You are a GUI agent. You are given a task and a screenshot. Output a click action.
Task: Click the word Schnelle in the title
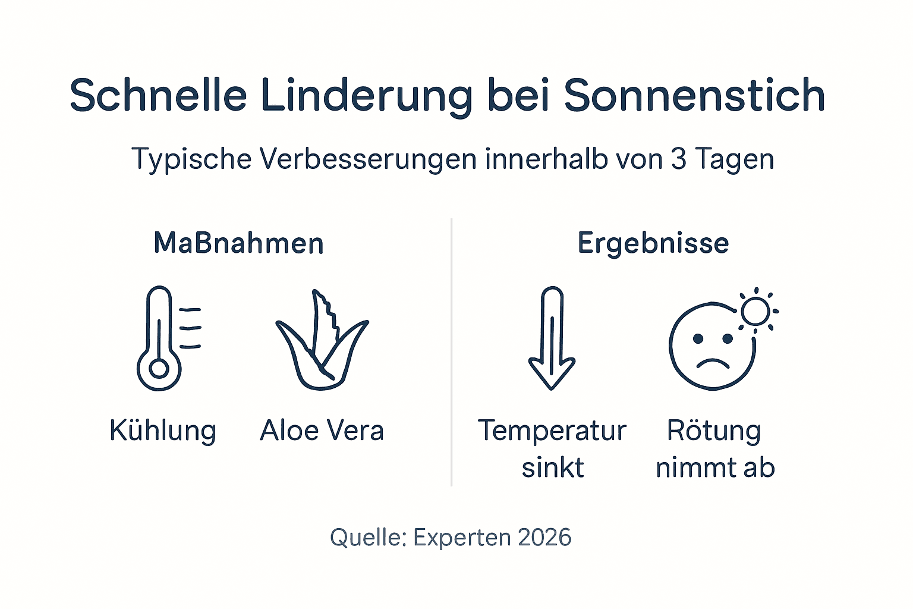(158, 95)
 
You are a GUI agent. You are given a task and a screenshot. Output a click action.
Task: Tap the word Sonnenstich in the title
(694, 95)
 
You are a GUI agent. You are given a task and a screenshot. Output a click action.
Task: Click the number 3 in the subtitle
(679, 159)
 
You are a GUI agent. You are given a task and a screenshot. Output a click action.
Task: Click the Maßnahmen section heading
(238, 243)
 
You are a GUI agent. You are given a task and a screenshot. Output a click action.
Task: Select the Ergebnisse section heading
(653, 244)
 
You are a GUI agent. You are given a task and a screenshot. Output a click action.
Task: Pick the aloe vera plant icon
(322, 342)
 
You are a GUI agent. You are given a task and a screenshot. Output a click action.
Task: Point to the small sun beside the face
(756, 310)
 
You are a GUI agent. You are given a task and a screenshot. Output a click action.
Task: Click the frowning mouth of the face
(713, 363)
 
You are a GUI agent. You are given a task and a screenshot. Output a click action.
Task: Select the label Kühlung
(163, 431)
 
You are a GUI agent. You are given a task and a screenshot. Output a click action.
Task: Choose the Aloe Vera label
(322, 431)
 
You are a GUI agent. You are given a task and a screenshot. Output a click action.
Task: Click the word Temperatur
(552, 431)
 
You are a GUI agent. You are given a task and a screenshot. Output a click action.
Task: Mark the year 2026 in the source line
(544, 538)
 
